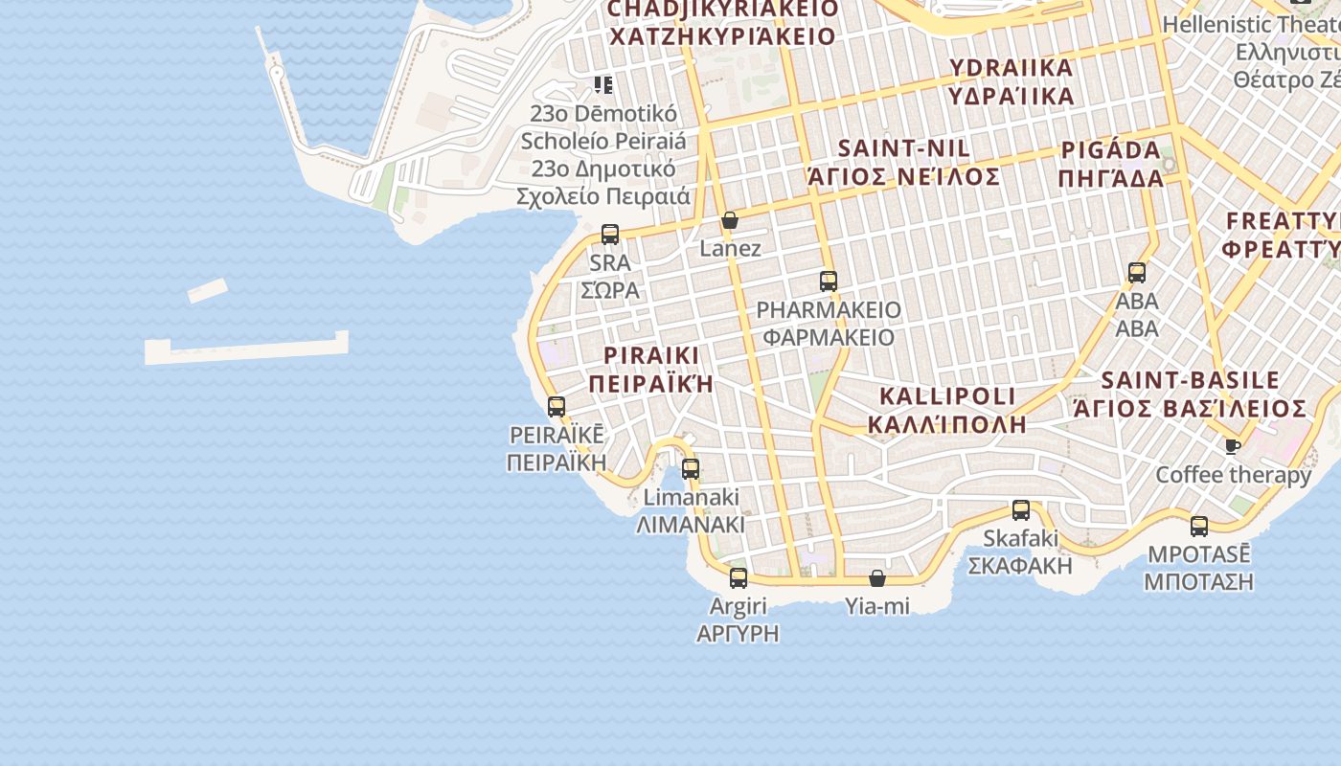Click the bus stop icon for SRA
click(610, 234)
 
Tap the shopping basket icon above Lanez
click(730, 220)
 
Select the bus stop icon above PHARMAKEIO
click(829, 282)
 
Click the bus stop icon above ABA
click(1137, 272)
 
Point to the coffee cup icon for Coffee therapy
click(1233, 446)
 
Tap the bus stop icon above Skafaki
click(1021, 510)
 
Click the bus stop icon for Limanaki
click(691, 469)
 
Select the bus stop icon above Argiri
click(739, 578)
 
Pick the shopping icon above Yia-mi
click(877, 578)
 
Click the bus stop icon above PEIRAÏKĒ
click(557, 406)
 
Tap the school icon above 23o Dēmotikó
click(603, 84)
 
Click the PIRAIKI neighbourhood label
click(651, 370)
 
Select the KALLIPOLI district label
click(947, 410)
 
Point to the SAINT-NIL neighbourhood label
click(904, 163)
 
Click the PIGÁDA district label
click(1111, 164)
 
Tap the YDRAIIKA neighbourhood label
click(1011, 81)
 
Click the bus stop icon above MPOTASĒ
click(1199, 526)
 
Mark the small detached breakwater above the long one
click(207, 290)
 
